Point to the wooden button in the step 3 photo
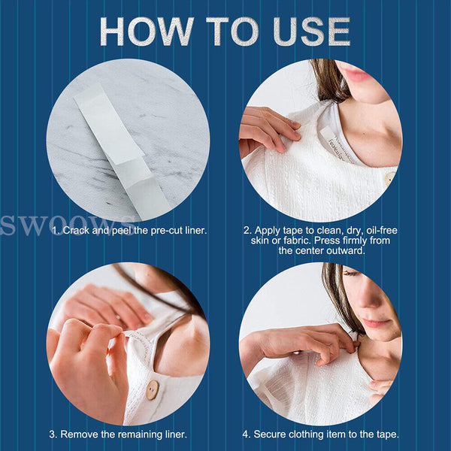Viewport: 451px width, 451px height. point(153,389)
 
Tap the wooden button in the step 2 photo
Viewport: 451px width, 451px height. point(390,179)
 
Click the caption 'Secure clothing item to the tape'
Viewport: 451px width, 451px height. point(331,434)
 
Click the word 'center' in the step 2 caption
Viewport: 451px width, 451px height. point(297,250)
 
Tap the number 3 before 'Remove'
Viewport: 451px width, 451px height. point(52,434)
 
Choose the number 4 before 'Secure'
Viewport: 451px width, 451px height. point(246,434)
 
